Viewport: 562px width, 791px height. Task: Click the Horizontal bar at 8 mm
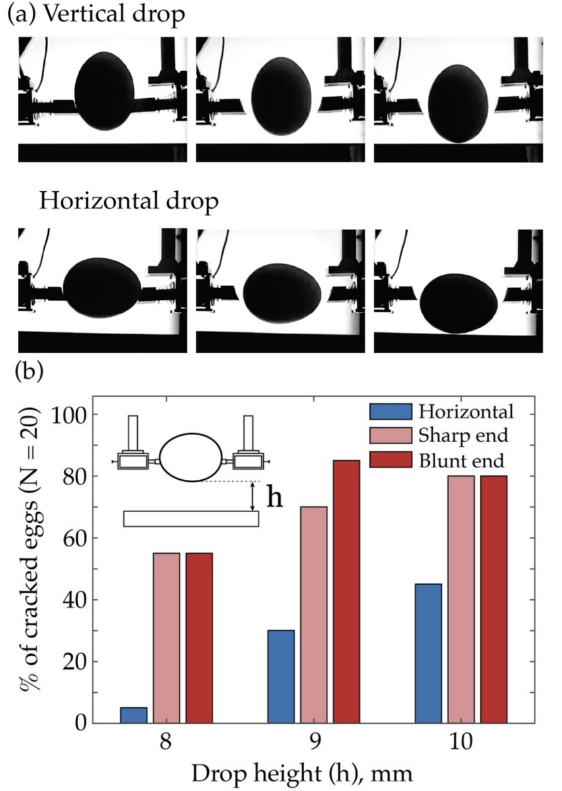coord(134,715)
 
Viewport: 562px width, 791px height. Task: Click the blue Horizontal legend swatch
coord(390,413)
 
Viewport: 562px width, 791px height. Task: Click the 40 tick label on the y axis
coord(81,601)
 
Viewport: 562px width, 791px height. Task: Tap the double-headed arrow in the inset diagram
coord(253,496)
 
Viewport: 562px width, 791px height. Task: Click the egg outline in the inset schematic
coord(190,457)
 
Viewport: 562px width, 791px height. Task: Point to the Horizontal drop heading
coord(128,202)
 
